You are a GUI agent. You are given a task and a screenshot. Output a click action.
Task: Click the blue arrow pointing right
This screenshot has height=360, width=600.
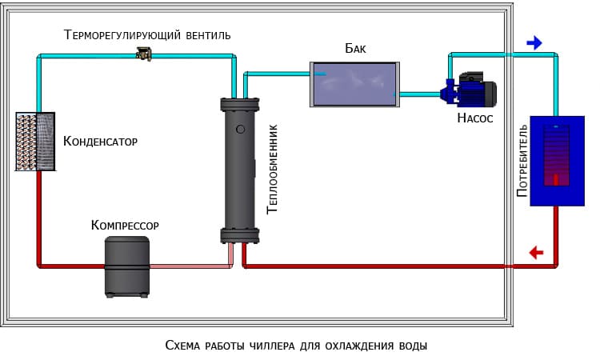coord(534,42)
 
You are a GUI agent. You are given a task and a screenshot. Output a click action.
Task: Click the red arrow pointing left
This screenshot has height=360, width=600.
coord(536,253)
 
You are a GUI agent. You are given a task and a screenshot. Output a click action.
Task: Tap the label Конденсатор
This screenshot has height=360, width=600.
coord(100,142)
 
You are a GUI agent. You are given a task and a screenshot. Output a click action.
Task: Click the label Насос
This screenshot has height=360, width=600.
coord(474,118)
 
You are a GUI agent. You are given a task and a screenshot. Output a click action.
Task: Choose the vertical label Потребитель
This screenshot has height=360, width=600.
coord(522,162)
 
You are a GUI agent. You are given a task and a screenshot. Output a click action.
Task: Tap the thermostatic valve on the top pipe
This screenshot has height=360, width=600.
coord(145,54)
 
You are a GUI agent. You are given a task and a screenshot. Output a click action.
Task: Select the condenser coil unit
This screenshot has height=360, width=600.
coord(35,141)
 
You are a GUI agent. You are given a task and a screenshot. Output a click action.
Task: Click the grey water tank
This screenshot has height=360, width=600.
coord(354,82)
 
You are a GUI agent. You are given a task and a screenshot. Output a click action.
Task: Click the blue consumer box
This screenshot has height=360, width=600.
coord(554,160)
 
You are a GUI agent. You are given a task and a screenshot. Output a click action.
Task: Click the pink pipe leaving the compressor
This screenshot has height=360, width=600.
coord(192,265)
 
